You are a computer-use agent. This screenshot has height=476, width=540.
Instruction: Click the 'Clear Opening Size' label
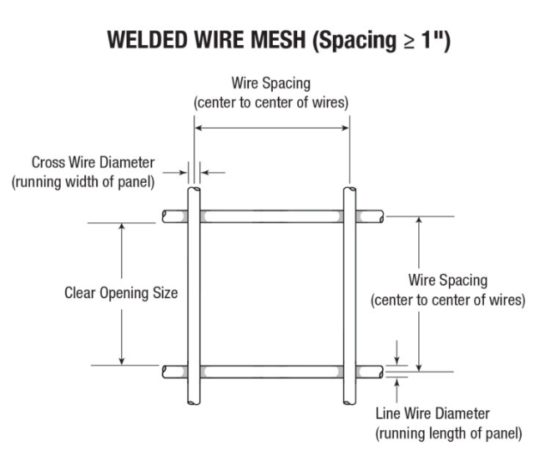click(x=121, y=293)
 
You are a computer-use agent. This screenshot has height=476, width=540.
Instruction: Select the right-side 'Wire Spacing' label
click(x=447, y=280)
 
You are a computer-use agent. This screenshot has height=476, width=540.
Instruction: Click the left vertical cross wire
click(x=193, y=292)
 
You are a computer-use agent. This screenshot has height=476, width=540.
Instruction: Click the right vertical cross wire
click(x=351, y=292)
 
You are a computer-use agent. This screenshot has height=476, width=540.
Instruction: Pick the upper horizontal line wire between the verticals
click(x=271, y=216)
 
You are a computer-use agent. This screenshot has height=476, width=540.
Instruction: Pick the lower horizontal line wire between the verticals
click(x=271, y=371)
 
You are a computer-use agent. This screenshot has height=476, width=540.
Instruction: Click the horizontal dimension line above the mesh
click(x=271, y=128)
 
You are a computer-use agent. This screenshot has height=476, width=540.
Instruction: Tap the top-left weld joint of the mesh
click(x=193, y=216)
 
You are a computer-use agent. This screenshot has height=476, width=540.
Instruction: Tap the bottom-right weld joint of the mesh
click(x=351, y=371)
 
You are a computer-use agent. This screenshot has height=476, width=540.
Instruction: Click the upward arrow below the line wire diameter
click(x=396, y=385)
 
